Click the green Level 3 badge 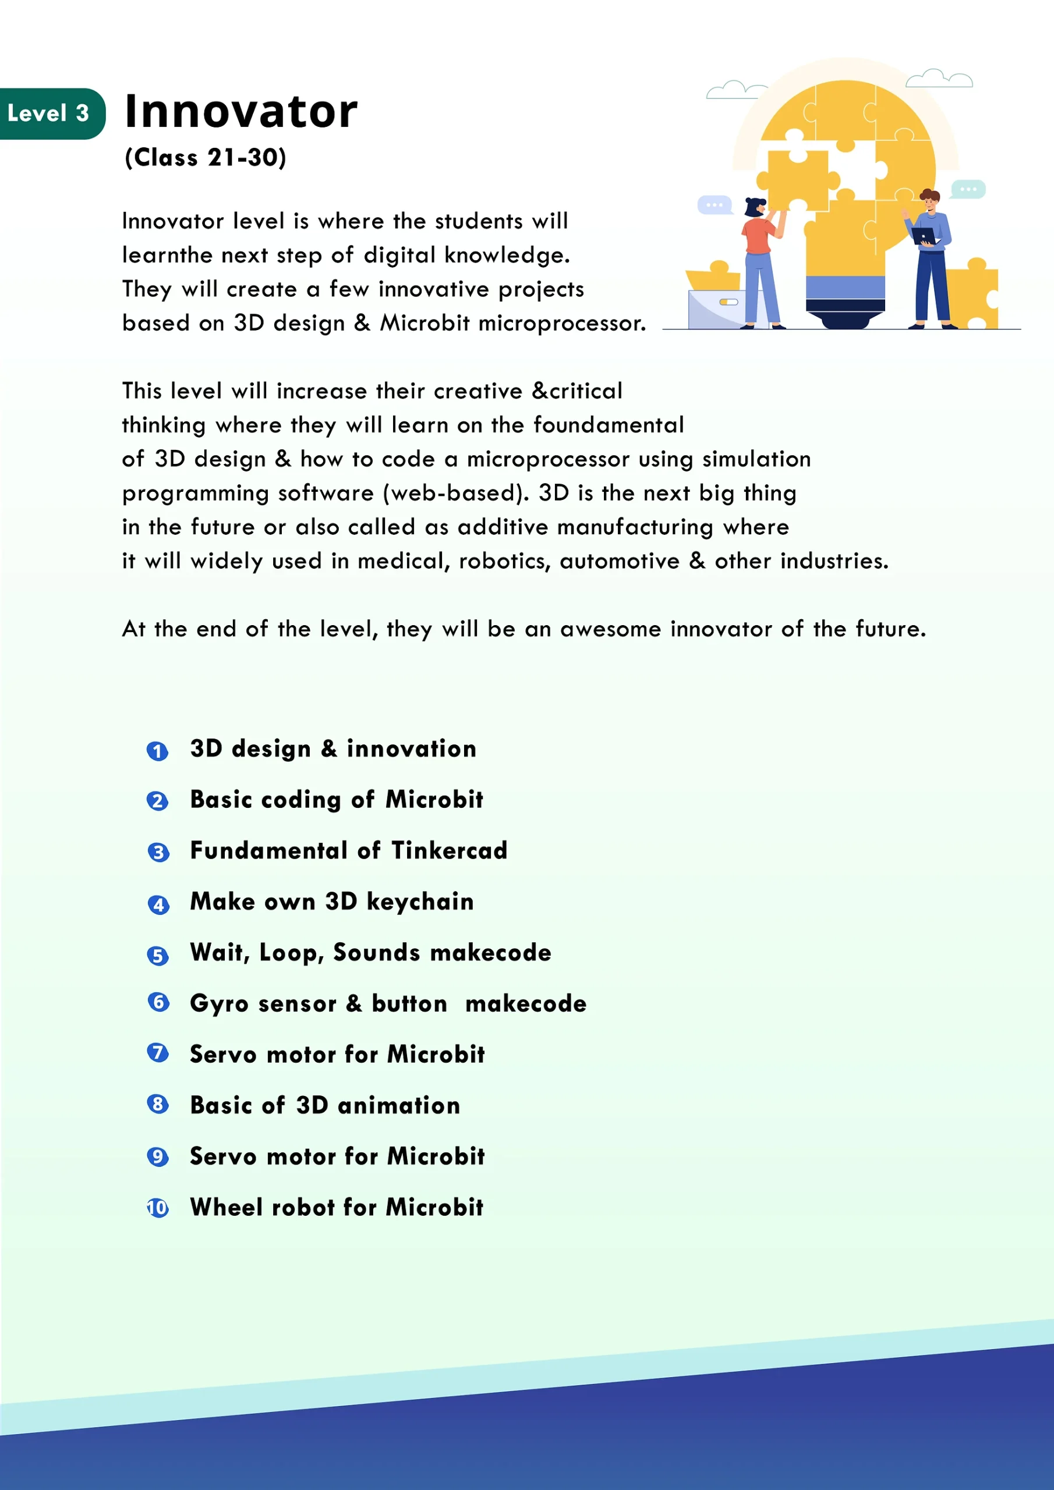click(x=49, y=113)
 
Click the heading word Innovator click(x=241, y=112)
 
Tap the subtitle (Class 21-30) click(x=205, y=158)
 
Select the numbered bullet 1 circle click(x=157, y=751)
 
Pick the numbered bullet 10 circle click(x=157, y=1208)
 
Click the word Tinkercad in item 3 click(x=449, y=851)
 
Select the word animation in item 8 click(x=399, y=1106)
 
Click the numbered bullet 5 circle click(x=157, y=955)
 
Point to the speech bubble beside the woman click(x=714, y=205)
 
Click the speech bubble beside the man click(x=968, y=190)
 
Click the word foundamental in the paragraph click(x=609, y=425)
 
